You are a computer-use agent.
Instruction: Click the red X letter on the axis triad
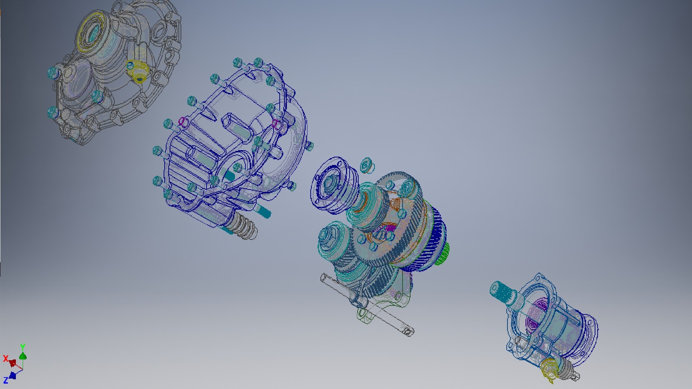[x=5, y=358]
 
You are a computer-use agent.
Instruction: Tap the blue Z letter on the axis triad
[x=6, y=380]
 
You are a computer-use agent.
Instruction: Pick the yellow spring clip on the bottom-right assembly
[x=550, y=369]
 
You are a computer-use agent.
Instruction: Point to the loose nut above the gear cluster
[x=367, y=165]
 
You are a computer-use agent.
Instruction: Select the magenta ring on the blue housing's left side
[x=183, y=121]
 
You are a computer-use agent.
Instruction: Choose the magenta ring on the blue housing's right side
[x=276, y=124]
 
